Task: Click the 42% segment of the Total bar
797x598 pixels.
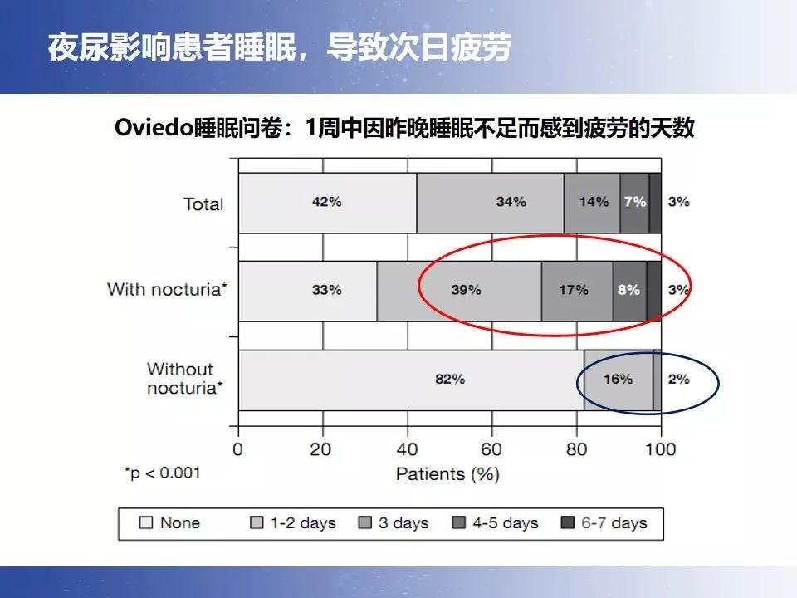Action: point(327,203)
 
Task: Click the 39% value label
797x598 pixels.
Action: point(466,290)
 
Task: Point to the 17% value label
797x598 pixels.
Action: point(573,290)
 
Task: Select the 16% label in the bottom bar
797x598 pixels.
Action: point(618,380)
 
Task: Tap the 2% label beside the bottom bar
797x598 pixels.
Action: point(679,380)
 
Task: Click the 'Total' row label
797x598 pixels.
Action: point(203,204)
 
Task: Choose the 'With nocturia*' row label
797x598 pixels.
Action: point(165,290)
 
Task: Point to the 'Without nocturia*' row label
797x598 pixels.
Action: point(184,379)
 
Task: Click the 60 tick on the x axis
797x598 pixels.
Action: point(492,450)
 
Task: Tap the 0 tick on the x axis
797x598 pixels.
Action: point(238,450)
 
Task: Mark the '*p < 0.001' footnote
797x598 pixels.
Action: point(162,473)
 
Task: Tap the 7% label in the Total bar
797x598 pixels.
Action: point(634,203)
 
